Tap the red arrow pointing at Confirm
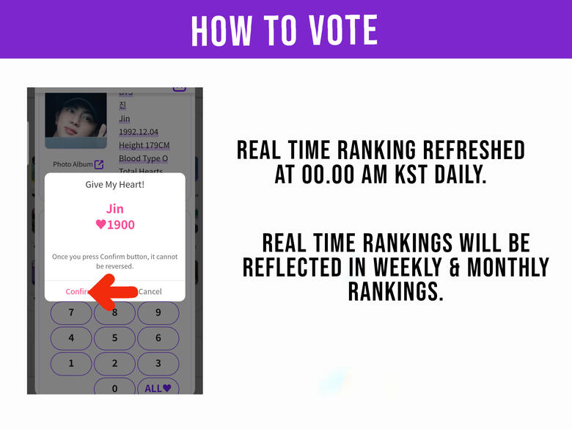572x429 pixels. [x=111, y=292]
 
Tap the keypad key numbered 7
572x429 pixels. [x=71, y=313]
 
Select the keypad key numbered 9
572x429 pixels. [x=158, y=313]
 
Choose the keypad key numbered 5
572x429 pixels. [x=114, y=338]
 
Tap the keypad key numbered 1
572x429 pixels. [x=71, y=363]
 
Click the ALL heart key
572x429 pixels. [x=158, y=388]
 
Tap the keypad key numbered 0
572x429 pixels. [x=114, y=388]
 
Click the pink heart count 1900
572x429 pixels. [x=115, y=225]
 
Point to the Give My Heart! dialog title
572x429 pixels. [x=115, y=185]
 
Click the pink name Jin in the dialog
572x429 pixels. [x=115, y=208]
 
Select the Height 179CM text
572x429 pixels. [x=144, y=145]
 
